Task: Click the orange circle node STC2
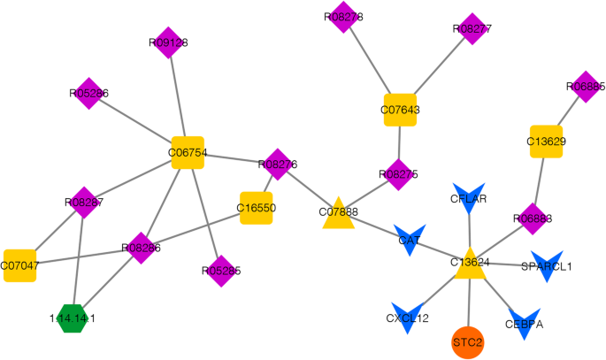pos(468,341)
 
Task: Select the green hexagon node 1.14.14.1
pos(73,317)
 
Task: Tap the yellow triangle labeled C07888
pos(338,215)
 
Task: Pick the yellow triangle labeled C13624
pos(469,264)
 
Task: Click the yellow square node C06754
pos(188,153)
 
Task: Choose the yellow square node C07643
pos(400,110)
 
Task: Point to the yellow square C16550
pos(257,208)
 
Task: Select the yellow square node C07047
pos(19,264)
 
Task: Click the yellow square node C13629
pos(546,142)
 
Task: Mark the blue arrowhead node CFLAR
pos(468,200)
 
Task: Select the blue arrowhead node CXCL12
pos(407,318)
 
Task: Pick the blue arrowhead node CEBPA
pos(524,323)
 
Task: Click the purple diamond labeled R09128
pos(167,42)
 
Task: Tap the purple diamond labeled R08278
pos(342,17)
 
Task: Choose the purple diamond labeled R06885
pos(585,87)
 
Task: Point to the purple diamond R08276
pos(278,164)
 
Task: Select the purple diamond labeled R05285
pos(220,270)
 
